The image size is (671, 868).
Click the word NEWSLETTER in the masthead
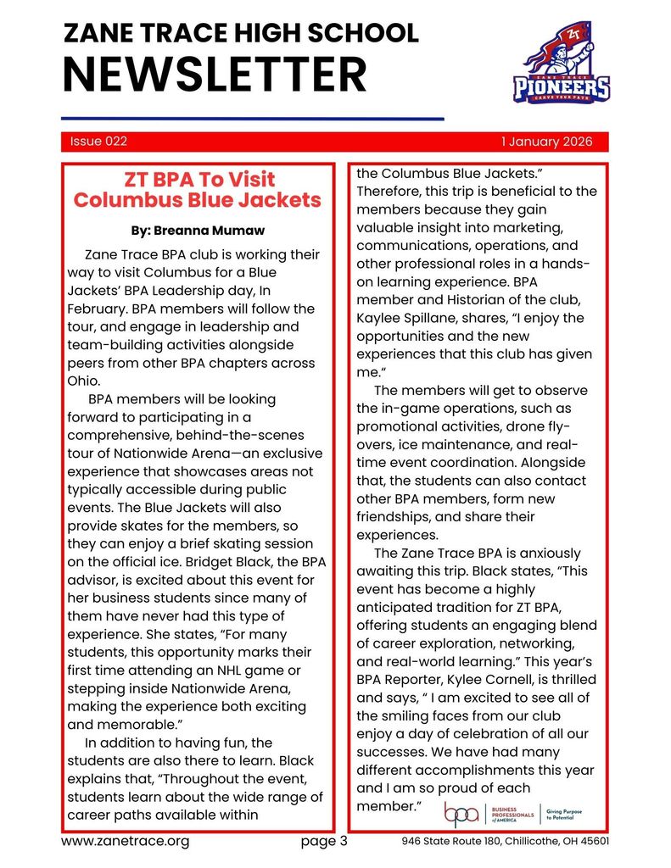pyautogui.click(x=215, y=75)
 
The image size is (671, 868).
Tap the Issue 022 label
pyautogui.click(x=98, y=142)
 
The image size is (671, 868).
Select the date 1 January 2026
pyautogui.click(x=546, y=142)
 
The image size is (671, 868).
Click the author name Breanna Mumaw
pyautogui.click(x=198, y=230)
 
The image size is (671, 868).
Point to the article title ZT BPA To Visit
pyautogui.click(x=199, y=180)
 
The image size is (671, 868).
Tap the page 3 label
pyautogui.click(x=325, y=842)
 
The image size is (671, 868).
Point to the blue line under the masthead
pyautogui.click(x=253, y=119)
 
